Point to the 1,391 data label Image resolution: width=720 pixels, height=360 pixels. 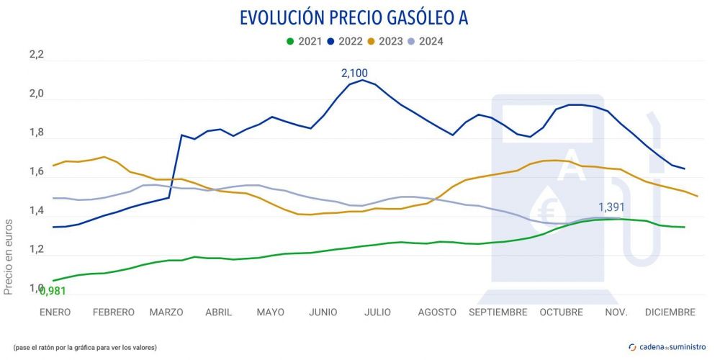point(611,207)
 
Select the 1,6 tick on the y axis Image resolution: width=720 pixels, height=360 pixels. point(36,172)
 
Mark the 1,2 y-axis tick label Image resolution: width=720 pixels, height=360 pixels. point(36,250)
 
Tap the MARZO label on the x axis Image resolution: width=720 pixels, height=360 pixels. point(166,312)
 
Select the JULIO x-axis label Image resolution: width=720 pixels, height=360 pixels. point(378,312)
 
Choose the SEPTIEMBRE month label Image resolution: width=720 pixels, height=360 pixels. point(498,312)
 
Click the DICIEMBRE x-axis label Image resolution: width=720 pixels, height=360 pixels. point(669,312)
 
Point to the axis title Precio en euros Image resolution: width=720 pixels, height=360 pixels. point(9,256)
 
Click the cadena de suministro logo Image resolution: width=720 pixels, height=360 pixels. point(667,347)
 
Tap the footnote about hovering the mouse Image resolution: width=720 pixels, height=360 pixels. point(85,348)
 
